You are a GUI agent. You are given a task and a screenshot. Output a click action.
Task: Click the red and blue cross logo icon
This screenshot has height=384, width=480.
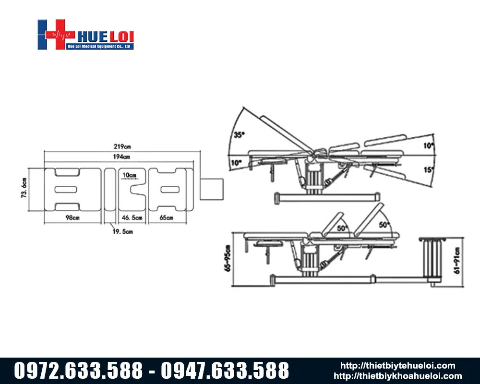tap(56, 34)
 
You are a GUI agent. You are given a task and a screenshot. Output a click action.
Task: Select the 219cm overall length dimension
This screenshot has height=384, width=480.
tap(122, 146)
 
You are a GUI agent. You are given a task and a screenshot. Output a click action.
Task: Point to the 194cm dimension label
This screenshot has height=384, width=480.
tap(122, 157)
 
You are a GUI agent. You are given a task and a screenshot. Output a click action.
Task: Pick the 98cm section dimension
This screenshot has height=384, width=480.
tap(72, 218)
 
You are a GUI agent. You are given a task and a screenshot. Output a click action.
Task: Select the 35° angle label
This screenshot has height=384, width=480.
tap(239, 135)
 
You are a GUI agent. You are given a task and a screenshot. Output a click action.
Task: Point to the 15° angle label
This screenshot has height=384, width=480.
tap(429, 169)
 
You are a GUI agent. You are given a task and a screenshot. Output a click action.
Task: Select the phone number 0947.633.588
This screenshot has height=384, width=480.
tap(225, 371)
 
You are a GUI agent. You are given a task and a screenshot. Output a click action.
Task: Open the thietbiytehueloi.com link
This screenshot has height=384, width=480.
tap(397, 366)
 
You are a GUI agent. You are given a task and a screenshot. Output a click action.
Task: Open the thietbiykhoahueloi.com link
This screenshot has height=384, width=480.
tap(397, 376)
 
